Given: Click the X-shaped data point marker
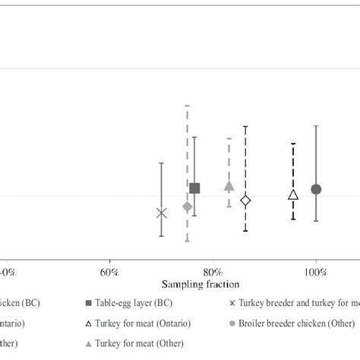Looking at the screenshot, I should [161, 213].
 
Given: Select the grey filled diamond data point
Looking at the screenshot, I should [188, 207].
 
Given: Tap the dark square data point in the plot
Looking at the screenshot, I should [194, 188].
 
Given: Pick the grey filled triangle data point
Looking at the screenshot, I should [229, 185].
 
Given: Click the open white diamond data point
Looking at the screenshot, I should [245, 201].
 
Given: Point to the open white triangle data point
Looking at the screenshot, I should [293, 195].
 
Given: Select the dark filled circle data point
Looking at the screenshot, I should [316, 189].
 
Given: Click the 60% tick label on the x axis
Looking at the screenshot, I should [109, 271].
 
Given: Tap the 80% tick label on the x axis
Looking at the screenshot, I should [213, 271].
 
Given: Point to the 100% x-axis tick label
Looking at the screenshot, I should [316, 271].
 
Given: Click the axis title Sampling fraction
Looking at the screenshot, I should [200, 284].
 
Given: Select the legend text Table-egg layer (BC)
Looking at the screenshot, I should [134, 302].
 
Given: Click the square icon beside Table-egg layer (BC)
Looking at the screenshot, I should [90, 302].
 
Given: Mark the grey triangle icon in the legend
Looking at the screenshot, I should [90, 343].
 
